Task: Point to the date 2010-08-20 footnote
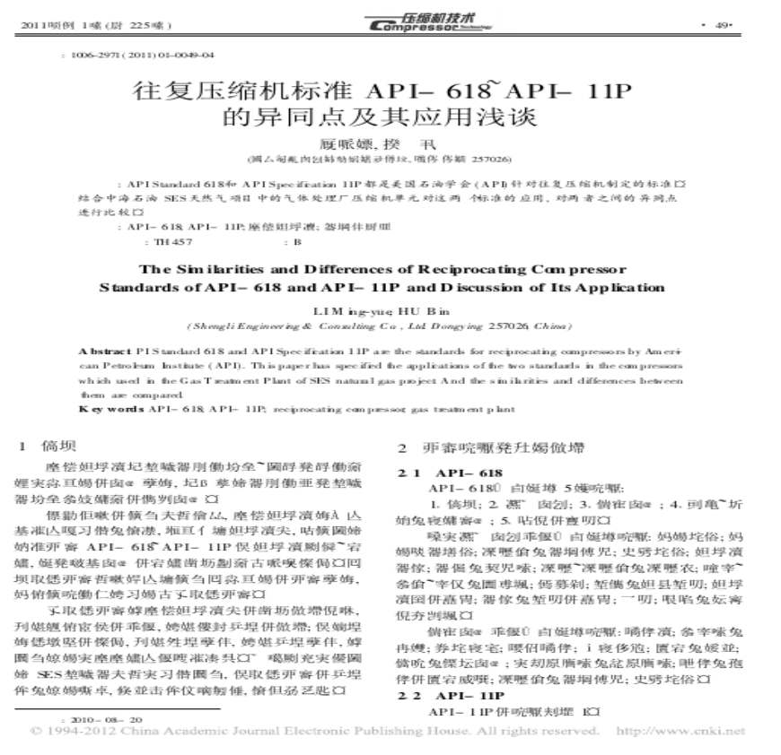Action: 102,719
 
